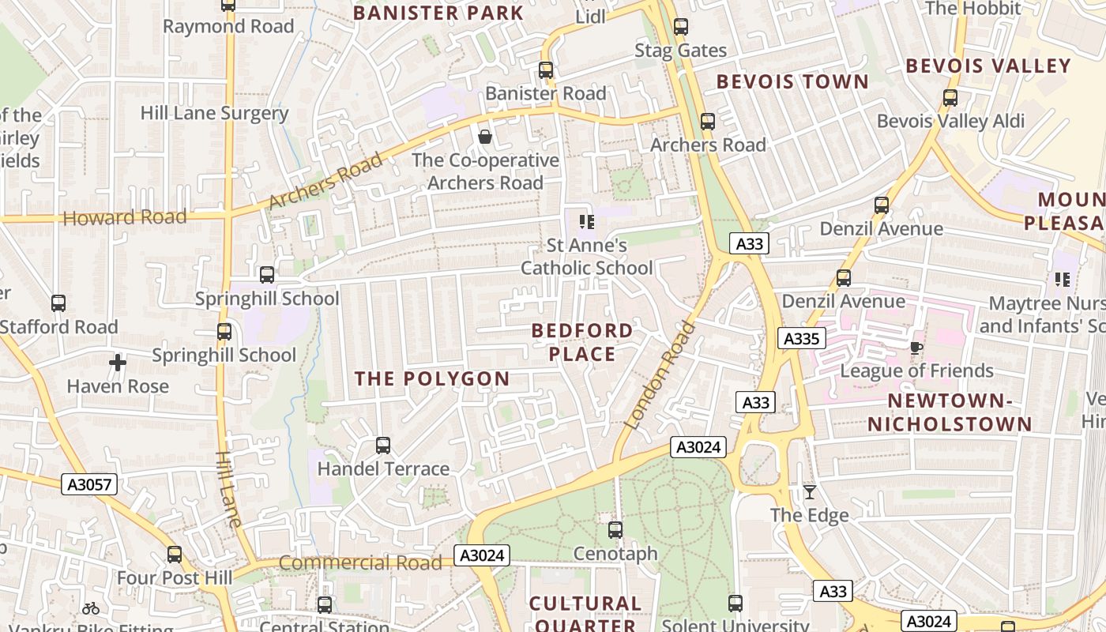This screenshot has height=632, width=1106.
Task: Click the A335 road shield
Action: pyautogui.click(x=802, y=339)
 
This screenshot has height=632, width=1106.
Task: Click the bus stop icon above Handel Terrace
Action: pyautogui.click(x=383, y=446)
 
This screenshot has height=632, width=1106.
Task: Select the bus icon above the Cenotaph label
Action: pyautogui.click(x=615, y=530)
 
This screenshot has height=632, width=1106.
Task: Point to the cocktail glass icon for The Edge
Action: pyautogui.click(x=810, y=492)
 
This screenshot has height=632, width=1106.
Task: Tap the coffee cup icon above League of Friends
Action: pyautogui.click(x=916, y=348)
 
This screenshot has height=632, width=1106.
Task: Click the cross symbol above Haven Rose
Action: pyautogui.click(x=118, y=363)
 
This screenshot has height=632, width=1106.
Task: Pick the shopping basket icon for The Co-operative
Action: pyautogui.click(x=485, y=137)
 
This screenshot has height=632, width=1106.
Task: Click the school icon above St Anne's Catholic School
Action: pyautogui.click(x=586, y=222)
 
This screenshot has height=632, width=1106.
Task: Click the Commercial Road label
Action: pyautogui.click(x=360, y=562)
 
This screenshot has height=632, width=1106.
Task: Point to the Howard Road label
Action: pyautogui.click(x=125, y=217)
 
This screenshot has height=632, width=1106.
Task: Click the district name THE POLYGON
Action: pyautogui.click(x=432, y=379)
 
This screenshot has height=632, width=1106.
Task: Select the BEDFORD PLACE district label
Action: pyautogui.click(x=582, y=342)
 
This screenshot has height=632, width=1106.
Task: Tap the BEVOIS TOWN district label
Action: pyautogui.click(x=792, y=82)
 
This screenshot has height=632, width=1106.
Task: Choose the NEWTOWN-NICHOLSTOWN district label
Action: pyautogui.click(x=950, y=412)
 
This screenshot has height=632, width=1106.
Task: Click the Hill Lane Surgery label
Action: pyautogui.click(x=214, y=113)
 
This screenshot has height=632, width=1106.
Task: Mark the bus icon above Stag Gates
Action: pyautogui.click(x=681, y=28)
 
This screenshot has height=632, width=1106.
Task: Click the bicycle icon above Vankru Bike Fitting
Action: pyautogui.click(x=91, y=608)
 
